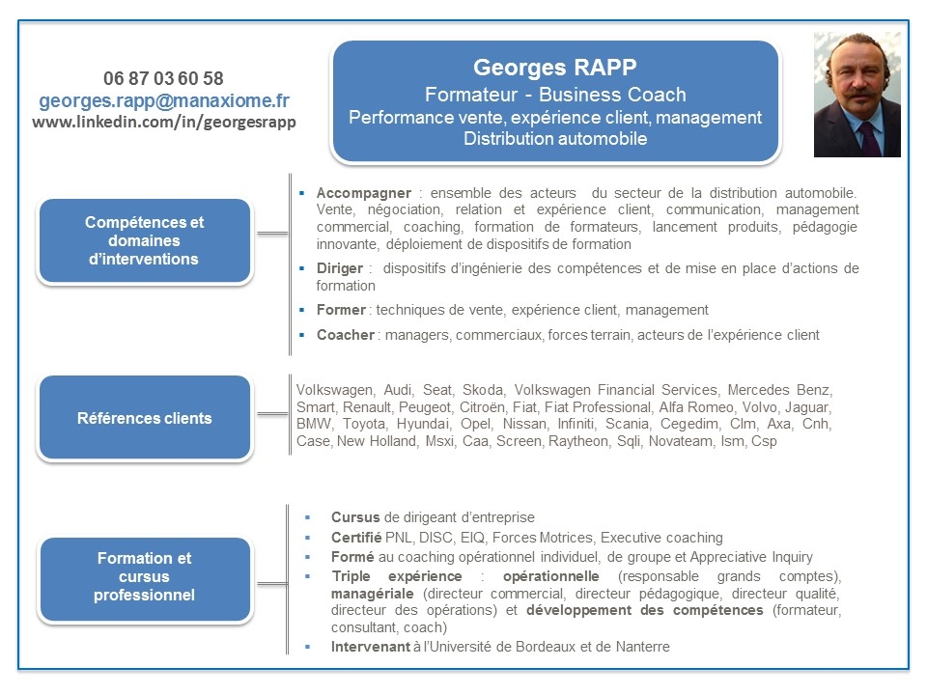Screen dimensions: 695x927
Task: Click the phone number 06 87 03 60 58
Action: pos(163,78)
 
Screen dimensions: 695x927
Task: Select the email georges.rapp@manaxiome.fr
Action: pos(164,100)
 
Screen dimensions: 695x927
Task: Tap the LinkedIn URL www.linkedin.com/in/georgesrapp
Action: pos(164,123)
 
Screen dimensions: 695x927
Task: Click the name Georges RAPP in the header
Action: pos(554,68)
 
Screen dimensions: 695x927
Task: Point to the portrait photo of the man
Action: pos(857,95)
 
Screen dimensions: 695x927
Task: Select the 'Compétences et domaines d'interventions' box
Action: pos(145,240)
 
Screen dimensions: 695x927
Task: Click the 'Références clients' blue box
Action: pos(145,418)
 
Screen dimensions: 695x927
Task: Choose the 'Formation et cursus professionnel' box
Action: pos(145,576)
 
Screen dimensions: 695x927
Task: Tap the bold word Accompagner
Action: pos(363,192)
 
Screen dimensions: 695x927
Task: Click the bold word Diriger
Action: pos(339,267)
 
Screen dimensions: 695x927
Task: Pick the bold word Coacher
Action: pos(345,335)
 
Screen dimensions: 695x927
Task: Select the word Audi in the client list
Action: pos(398,390)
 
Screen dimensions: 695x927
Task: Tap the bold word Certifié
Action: pos(356,537)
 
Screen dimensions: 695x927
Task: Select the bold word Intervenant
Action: pos(370,647)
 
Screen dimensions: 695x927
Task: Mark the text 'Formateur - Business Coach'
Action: pos(555,95)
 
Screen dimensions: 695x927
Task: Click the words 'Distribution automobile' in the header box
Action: pos(555,139)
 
